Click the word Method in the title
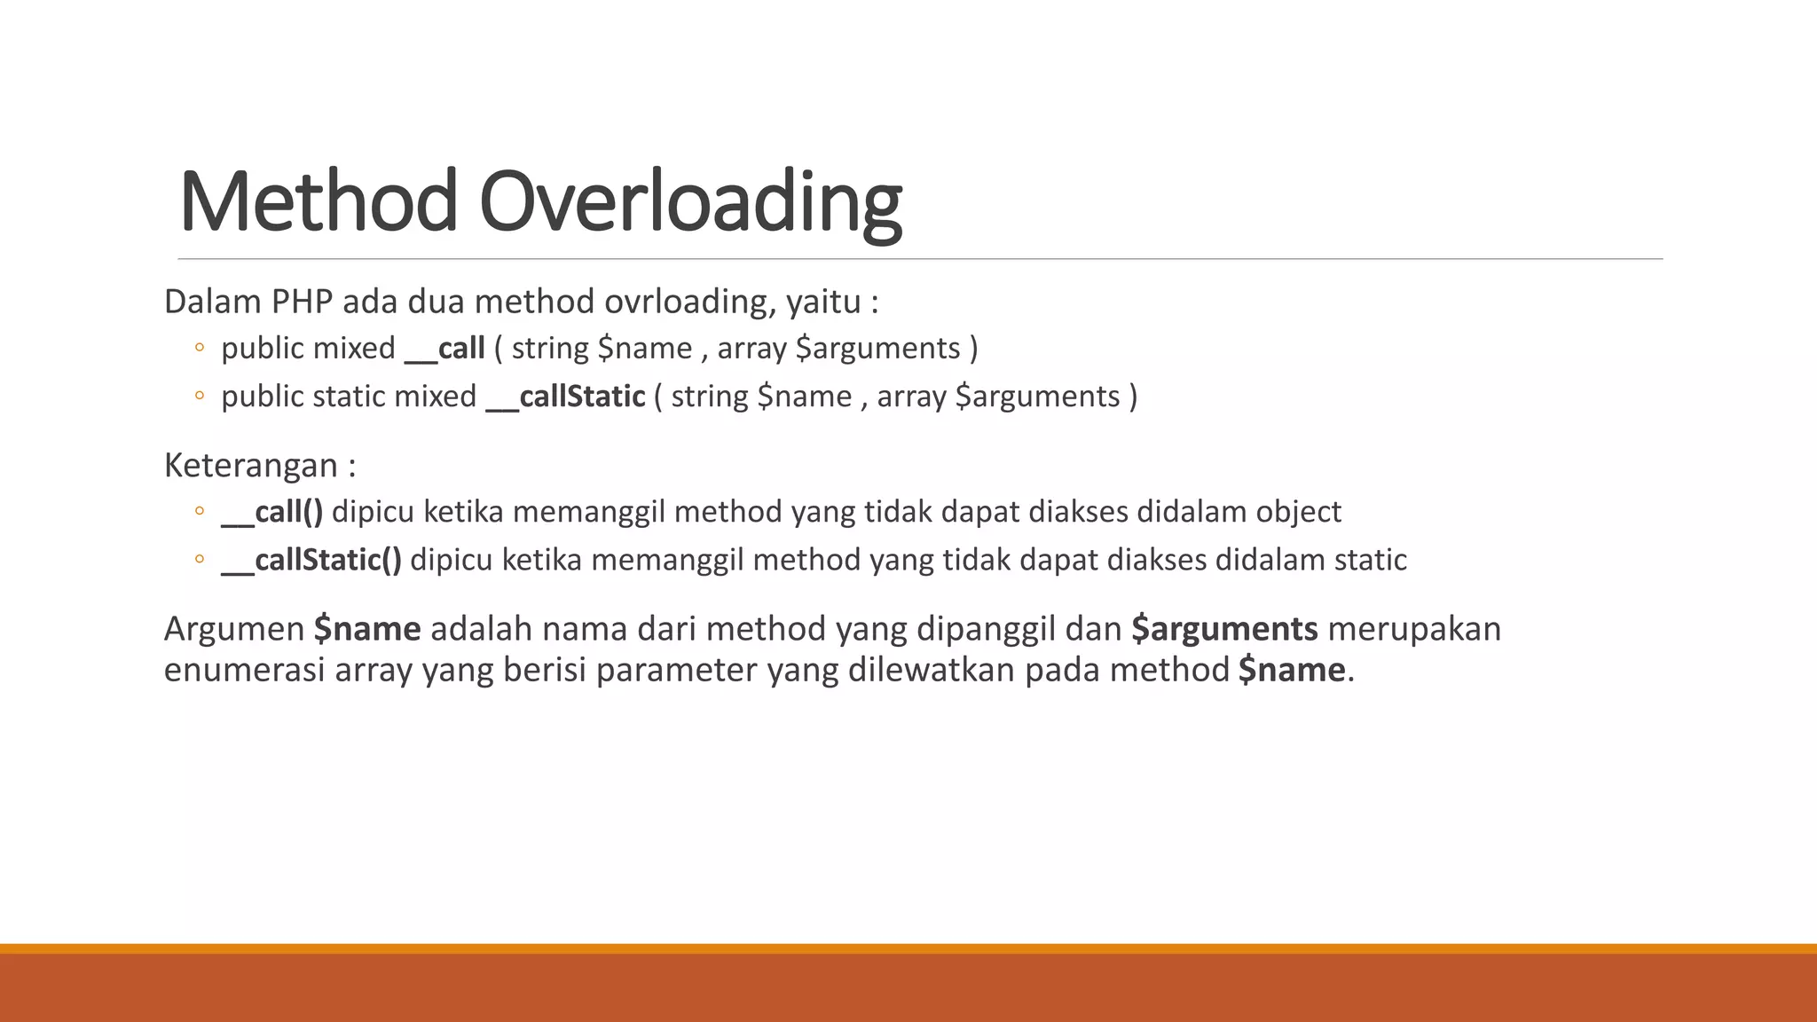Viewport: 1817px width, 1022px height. [x=318, y=202]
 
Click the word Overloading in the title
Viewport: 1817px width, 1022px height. [x=690, y=202]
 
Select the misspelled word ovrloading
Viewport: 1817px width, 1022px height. [x=686, y=303]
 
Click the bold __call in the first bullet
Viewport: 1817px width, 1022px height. [x=444, y=349]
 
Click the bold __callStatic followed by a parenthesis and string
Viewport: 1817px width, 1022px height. [x=566, y=397]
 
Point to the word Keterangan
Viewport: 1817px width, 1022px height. [x=251, y=466]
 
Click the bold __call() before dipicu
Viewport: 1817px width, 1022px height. [x=271, y=512]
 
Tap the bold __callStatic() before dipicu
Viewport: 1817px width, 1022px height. [x=311, y=561]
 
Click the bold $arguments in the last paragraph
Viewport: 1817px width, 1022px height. [x=1224, y=629]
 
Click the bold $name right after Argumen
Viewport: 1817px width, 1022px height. [x=367, y=629]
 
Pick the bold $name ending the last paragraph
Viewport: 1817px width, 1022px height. [x=1292, y=670]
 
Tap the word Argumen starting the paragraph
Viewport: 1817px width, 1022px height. [x=234, y=629]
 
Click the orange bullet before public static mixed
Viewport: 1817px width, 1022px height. [x=199, y=396]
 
